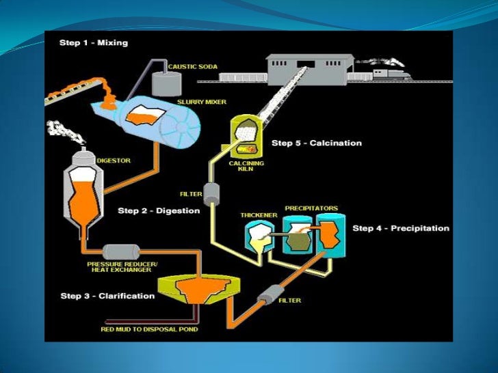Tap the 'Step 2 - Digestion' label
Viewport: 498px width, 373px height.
tap(159, 210)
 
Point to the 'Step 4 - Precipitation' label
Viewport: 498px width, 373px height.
tap(401, 228)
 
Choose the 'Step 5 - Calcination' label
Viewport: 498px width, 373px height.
tap(317, 143)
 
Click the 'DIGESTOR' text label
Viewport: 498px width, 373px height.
tap(115, 161)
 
